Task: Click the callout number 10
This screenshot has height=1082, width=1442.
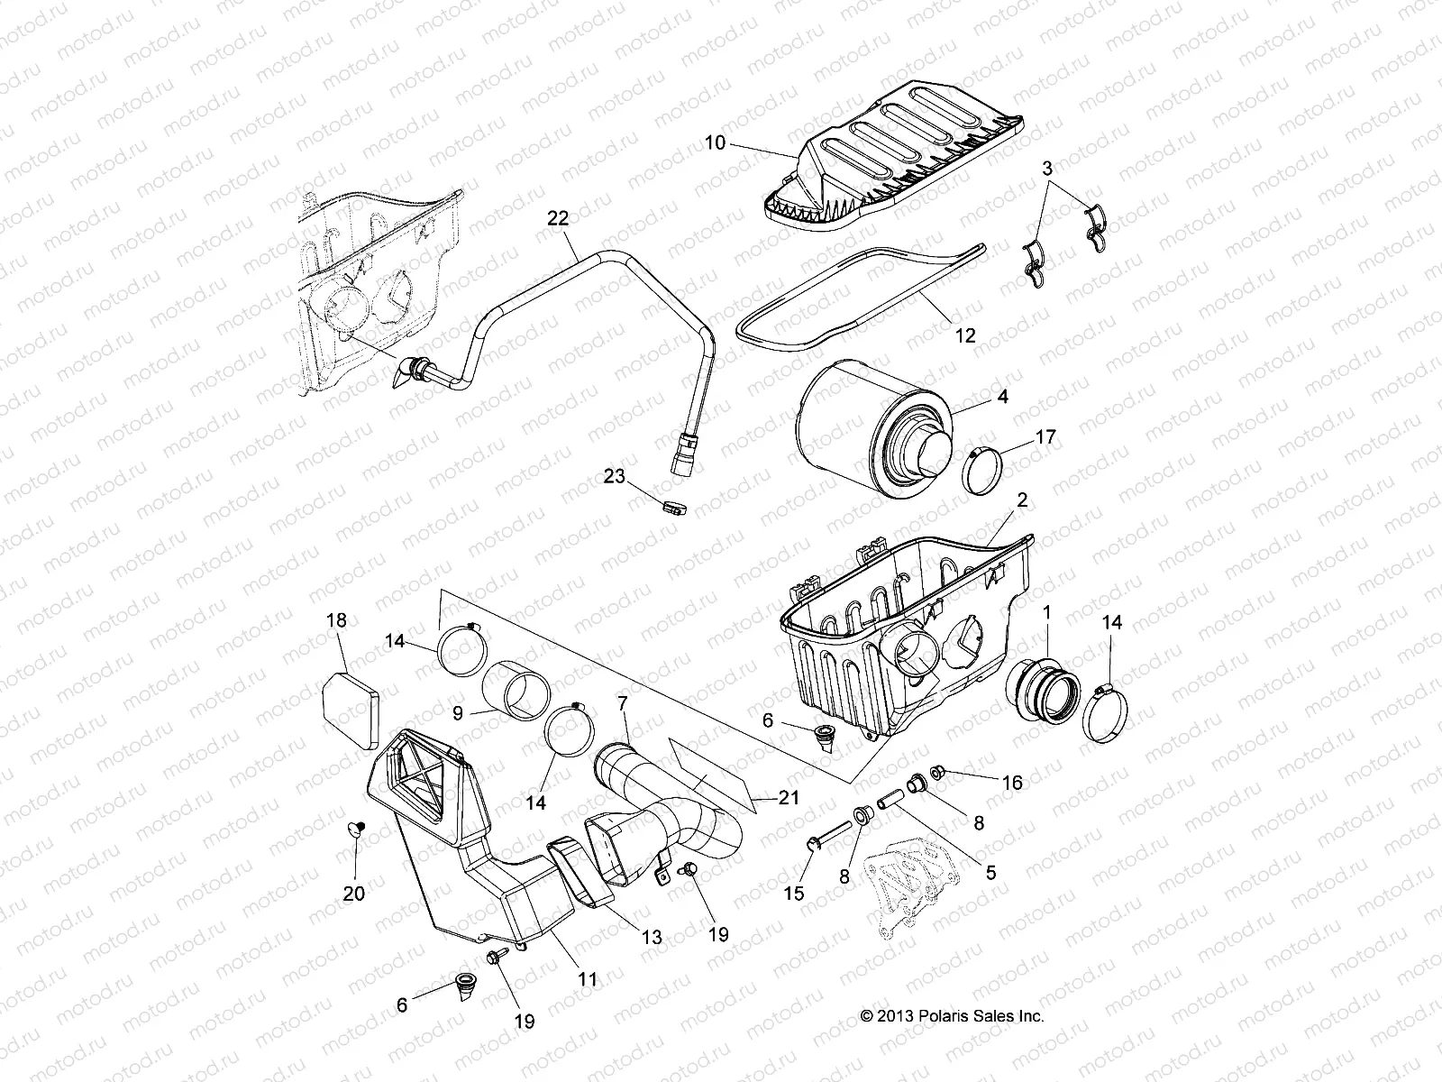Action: pyautogui.click(x=714, y=142)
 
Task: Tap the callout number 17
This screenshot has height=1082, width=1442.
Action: pyautogui.click(x=1045, y=437)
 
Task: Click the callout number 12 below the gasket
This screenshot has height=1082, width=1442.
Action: pyautogui.click(x=964, y=336)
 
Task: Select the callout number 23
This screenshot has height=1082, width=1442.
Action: pyautogui.click(x=614, y=477)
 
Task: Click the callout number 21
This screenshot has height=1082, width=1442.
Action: pyautogui.click(x=789, y=798)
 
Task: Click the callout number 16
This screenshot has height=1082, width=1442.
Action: pyautogui.click(x=1012, y=783)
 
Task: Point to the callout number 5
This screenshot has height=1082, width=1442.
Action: pyautogui.click(x=990, y=873)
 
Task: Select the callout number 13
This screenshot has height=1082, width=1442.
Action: pyautogui.click(x=652, y=938)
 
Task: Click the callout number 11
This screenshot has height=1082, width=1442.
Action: pyautogui.click(x=587, y=978)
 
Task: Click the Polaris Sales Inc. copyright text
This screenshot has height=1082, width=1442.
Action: pyautogui.click(x=952, y=1016)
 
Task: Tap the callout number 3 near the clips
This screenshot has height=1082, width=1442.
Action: pyautogui.click(x=1047, y=168)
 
